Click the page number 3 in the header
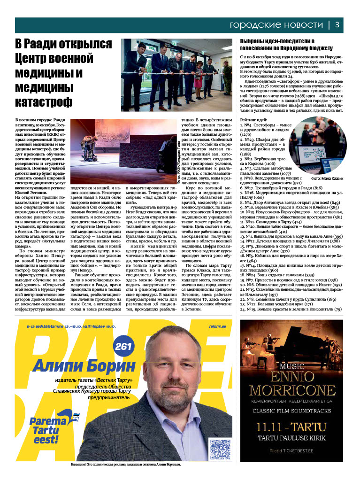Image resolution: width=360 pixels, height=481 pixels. (337, 25)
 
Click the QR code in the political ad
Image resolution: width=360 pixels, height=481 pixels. (220, 449)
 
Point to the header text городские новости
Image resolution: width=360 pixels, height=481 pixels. (276, 25)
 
